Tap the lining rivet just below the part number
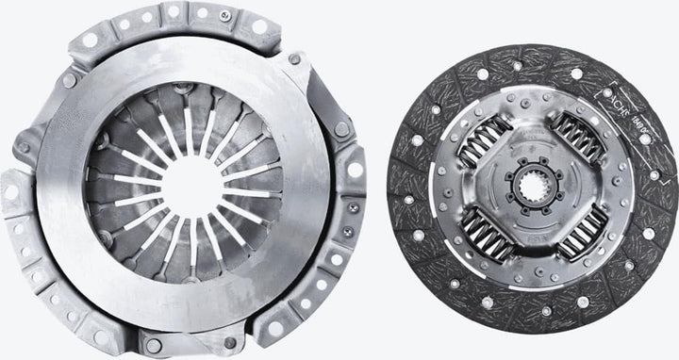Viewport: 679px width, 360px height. coord(645,139)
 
